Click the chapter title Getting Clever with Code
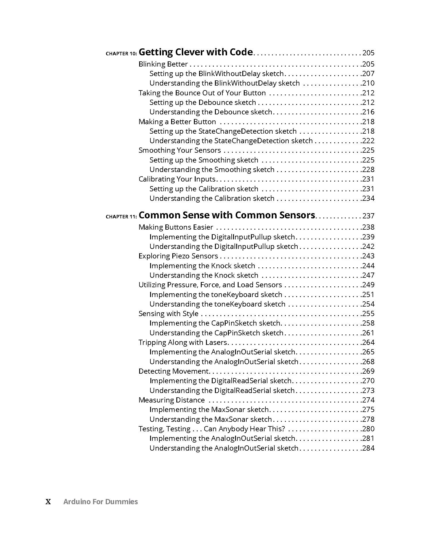[196, 52]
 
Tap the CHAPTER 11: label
[121, 217]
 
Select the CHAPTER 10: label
[121, 54]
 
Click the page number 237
[368, 216]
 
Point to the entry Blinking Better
[163, 64]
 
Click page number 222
[368, 141]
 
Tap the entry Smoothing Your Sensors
[180, 150]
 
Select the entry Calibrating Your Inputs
[177, 179]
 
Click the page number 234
[368, 198]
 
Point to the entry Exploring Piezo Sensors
[178, 256]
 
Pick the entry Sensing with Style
[168, 313]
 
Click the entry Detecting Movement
[173, 371]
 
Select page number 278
[368, 419]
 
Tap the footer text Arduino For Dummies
[101, 502]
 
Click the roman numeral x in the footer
[48, 502]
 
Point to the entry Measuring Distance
[171, 400]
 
